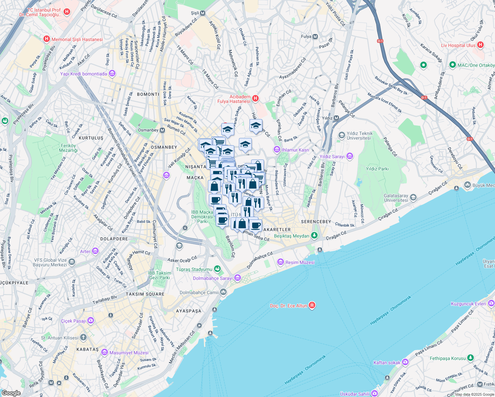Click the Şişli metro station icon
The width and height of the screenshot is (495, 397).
tap(202, 13)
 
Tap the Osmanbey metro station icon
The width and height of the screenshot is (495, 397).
tap(162, 130)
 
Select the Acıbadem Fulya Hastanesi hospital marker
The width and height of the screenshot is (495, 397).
tap(255, 98)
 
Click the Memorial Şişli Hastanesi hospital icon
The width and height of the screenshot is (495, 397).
tap(47, 39)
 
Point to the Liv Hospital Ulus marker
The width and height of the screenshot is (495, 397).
tap(480, 45)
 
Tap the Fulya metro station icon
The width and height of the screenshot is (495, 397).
tap(315, 36)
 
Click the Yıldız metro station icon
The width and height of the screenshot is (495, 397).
tap(336, 118)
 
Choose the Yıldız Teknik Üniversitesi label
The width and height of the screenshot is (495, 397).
tap(359, 136)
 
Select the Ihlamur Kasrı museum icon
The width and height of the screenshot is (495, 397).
tap(277, 150)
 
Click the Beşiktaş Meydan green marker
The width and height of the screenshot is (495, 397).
tap(314, 236)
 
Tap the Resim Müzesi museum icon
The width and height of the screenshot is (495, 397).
tap(281, 262)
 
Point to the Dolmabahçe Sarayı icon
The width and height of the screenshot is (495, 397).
tap(238, 278)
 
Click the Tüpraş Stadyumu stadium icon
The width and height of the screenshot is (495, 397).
tap(217, 269)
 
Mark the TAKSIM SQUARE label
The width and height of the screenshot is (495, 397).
tap(145, 294)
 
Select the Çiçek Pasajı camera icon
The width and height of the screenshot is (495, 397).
tap(91, 321)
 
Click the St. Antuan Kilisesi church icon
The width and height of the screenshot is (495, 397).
tap(83, 337)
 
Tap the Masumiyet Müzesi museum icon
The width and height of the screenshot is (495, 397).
tap(105, 352)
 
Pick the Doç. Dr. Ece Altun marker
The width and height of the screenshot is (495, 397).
tap(312, 305)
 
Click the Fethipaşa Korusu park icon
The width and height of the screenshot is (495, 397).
tap(471, 358)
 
